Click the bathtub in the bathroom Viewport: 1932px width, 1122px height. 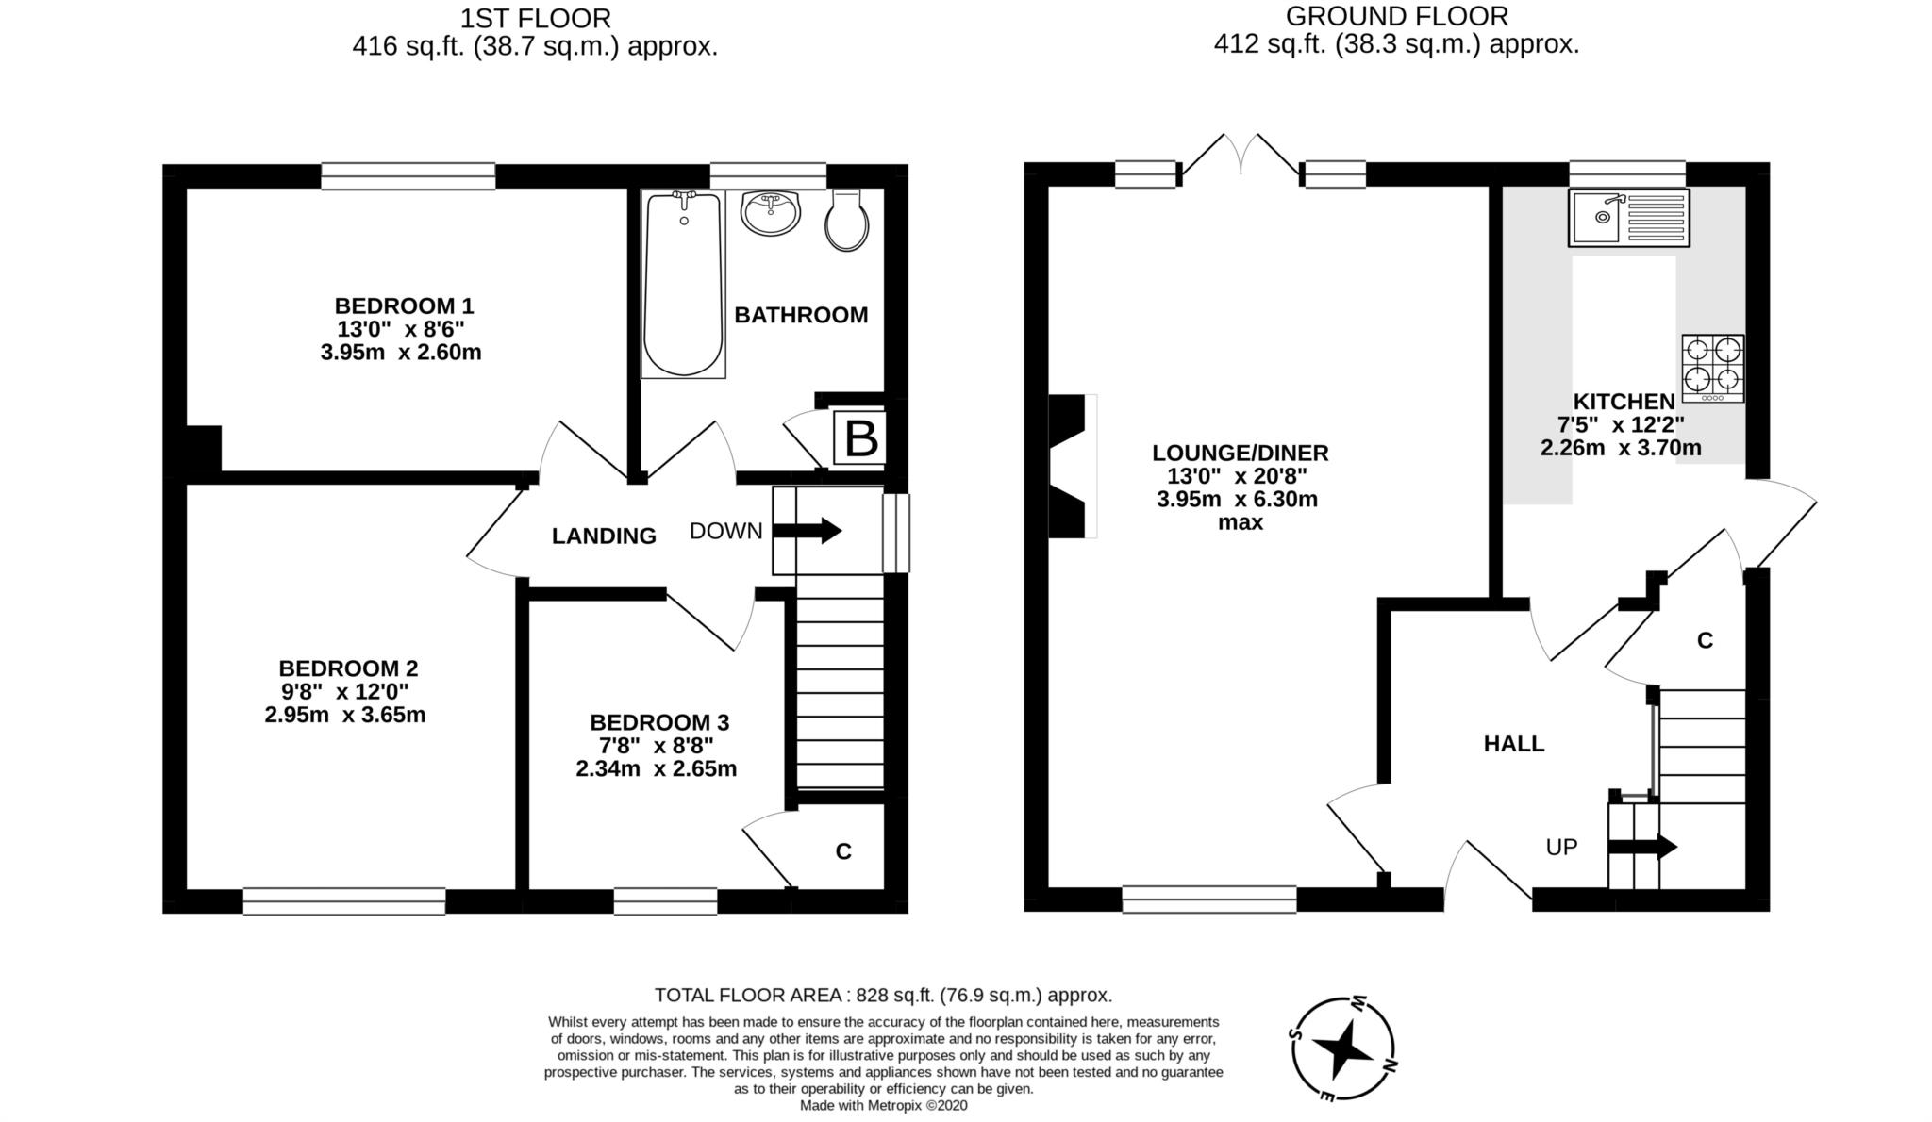coord(683,283)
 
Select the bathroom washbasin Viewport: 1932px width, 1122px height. coord(771,212)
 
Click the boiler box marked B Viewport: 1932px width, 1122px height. coord(859,437)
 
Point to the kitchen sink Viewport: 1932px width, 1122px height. coord(1628,218)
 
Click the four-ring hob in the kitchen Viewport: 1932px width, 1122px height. coord(1712,368)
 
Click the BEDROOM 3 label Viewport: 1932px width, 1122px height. coord(659,722)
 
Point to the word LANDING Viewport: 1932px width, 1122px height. coord(604,536)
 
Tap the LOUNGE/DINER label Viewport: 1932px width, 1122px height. coord(1241,453)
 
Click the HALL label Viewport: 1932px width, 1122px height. coord(1514,744)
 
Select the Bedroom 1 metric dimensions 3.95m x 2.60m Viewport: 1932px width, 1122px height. coord(401,353)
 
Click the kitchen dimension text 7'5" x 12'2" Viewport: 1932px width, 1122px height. coord(1621,424)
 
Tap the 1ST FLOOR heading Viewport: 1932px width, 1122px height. coord(535,18)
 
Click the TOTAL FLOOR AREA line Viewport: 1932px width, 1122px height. coord(883,995)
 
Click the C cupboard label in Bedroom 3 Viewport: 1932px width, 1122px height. coord(843,851)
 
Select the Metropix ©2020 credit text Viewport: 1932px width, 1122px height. coord(883,1105)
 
